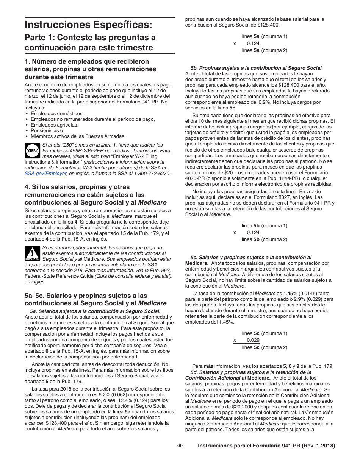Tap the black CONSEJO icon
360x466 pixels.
(x=32, y=150)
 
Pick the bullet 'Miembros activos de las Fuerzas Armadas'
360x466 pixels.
(x=78, y=136)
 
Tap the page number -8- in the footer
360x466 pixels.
(x=180, y=446)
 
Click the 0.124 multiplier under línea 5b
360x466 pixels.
(x=253, y=232)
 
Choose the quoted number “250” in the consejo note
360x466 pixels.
(x=58, y=145)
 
